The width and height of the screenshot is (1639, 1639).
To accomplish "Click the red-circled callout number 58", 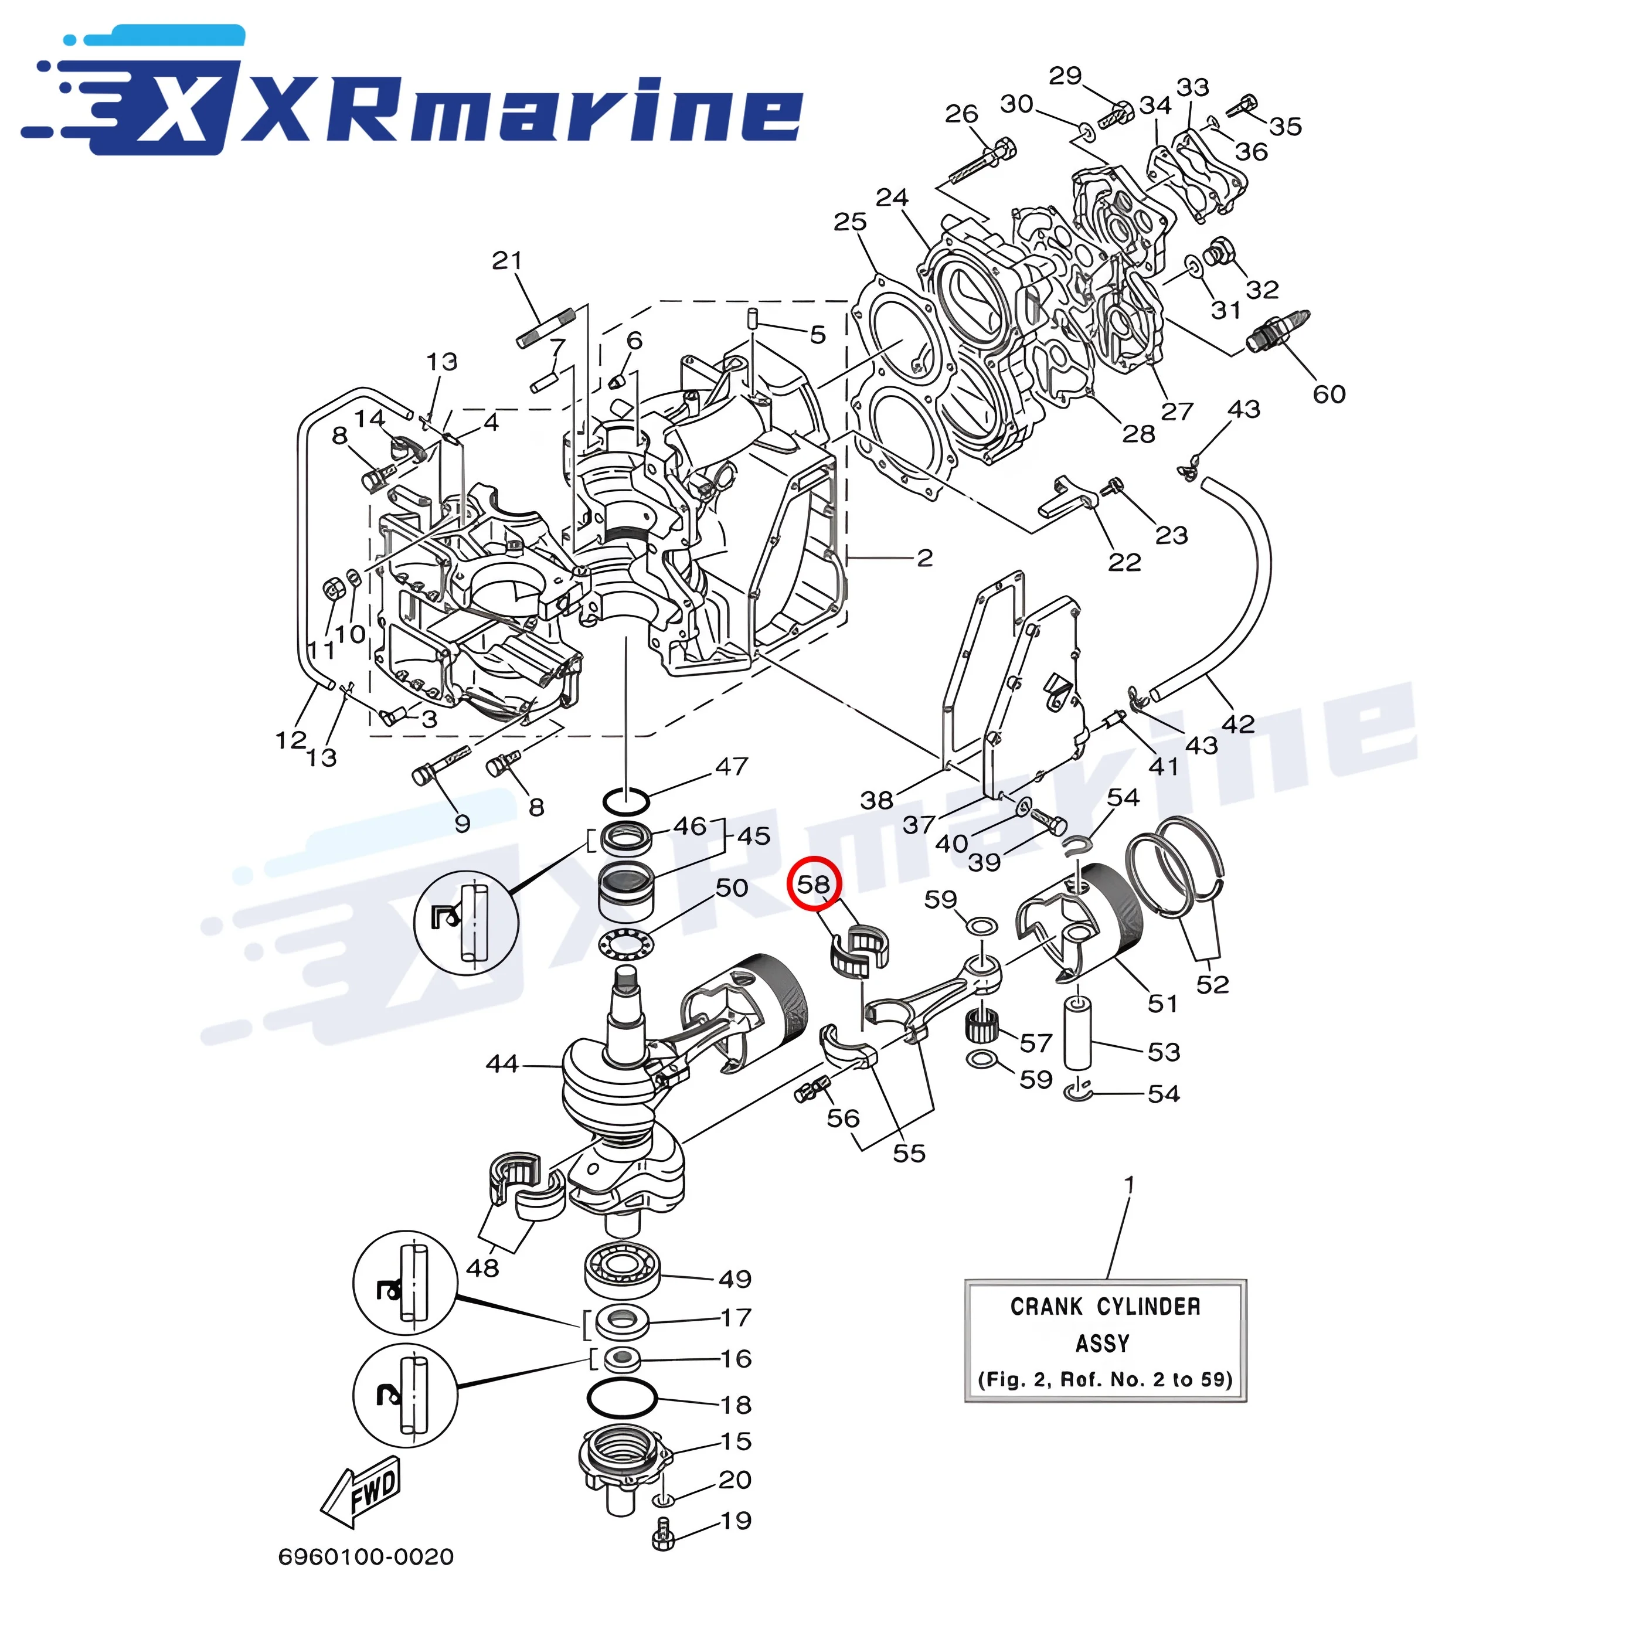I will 812,884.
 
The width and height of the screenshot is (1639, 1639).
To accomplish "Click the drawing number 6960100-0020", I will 366,1557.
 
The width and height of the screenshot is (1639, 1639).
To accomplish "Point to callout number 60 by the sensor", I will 1328,394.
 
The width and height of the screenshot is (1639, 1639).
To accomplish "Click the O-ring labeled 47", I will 626,800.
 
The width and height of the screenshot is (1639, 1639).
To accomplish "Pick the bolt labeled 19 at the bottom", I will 664,1537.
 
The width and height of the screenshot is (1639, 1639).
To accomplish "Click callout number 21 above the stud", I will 506,260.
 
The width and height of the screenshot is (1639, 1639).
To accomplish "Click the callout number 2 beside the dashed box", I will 924,557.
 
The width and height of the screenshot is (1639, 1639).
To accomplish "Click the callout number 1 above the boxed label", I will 1128,1184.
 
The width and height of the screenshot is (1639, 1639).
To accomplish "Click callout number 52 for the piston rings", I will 1212,984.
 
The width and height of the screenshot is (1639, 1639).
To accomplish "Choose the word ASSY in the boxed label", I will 1102,1344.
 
